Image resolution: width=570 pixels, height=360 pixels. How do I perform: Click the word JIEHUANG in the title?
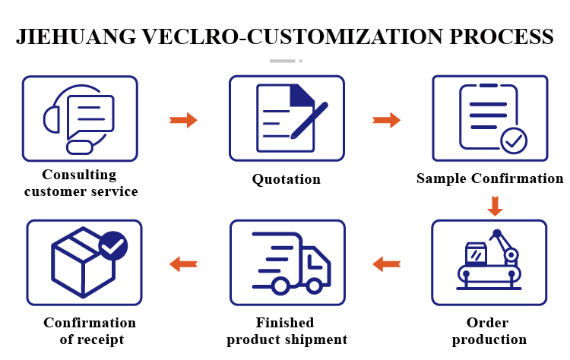(76, 36)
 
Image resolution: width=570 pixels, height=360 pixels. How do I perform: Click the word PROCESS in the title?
(502, 36)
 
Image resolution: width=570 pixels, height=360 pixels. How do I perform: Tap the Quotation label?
(287, 179)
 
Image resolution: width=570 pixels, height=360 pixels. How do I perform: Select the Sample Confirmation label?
(489, 178)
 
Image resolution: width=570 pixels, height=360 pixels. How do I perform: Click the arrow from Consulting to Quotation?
(183, 120)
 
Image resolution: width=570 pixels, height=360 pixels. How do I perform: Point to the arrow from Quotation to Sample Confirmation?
(386, 120)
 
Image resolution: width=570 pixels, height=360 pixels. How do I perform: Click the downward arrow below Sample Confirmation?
(495, 206)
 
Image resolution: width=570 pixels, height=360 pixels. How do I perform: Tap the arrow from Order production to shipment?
(386, 264)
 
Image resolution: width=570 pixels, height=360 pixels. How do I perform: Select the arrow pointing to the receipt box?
(183, 264)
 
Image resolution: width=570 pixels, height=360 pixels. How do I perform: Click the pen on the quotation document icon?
(309, 120)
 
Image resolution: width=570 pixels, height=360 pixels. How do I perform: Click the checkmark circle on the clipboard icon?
(514, 141)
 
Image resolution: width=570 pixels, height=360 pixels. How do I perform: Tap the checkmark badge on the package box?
(113, 245)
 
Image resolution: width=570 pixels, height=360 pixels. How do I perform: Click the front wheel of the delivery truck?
(314, 286)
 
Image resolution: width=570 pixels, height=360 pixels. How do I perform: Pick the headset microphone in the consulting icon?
(80, 147)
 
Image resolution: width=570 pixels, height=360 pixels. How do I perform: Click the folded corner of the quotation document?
(302, 96)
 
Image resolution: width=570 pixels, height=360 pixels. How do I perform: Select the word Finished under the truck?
(285, 323)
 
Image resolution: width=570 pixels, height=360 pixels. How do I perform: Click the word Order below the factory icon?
(487, 323)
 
